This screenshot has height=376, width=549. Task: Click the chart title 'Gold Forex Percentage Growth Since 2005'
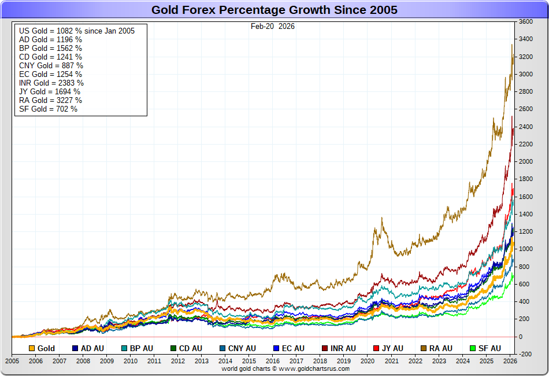(274, 10)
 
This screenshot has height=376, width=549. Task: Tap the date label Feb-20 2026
(273, 26)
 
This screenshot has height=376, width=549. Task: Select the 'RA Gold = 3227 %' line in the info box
(50, 100)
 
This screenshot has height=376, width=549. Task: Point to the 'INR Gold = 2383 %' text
(51, 83)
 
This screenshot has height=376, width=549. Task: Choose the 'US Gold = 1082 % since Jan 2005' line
(77, 31)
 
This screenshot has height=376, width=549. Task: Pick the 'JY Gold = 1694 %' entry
(50, 91)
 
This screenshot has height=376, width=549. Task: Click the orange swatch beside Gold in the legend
(32, 348)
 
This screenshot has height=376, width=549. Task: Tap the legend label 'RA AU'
(440, 348)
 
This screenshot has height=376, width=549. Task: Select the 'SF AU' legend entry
(489, 348)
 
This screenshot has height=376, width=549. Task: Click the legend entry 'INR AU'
(343, 348)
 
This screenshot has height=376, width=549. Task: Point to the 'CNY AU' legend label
(242, 348)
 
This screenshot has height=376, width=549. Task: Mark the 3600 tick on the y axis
(525, 21)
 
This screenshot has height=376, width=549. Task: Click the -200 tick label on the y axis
(525, 354)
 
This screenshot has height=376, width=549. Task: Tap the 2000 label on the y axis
(525, 161)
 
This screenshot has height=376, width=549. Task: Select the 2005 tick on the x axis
(12, 360)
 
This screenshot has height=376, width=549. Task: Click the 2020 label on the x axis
(368, 360)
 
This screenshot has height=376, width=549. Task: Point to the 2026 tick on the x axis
(510, 360)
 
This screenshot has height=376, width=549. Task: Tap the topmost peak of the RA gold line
(512, 45)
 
